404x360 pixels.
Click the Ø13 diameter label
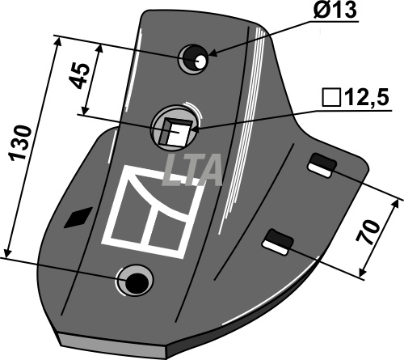tap(335, 9)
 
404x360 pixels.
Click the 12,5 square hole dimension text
tap(367, 97)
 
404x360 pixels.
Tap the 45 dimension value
tap(79, 76)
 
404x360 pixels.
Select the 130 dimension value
tap(21, 142)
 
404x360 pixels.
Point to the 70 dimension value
tap(368, 231)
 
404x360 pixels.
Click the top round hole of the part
tap(193, 59)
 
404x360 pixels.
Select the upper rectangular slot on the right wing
tap(322, 165)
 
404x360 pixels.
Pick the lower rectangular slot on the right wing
tap(278, 242)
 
